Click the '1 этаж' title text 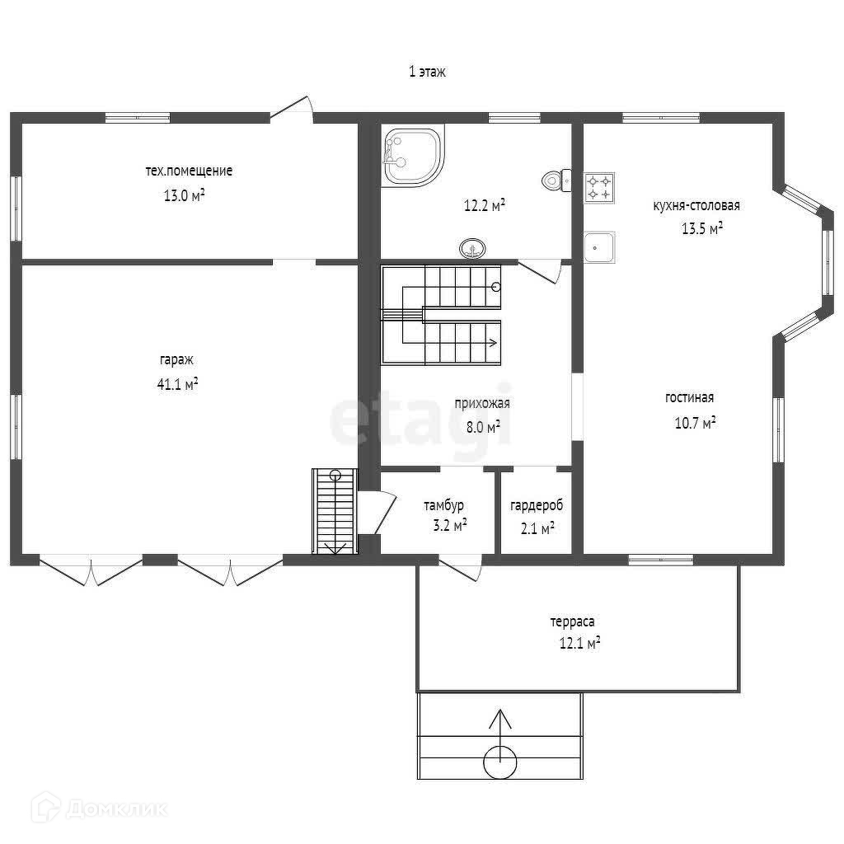(428, 72)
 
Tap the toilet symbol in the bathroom (556, 181)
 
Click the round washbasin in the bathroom (472, 248)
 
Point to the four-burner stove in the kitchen (599, 188)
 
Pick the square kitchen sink (599, 247)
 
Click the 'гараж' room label (176, 360)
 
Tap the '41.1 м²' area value (178, 384)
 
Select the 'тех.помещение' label (189, 171)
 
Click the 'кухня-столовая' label (696, 205)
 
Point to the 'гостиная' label (690, 398)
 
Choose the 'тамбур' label (443, 506)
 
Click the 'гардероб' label (537, 506)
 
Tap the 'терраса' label (572, 622)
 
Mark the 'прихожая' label (481, 403)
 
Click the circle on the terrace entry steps (500, 762)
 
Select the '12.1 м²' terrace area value (579, 643)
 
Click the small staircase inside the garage (335, 511)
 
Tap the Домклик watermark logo (99, 809)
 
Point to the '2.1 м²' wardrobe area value (537, 528)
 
